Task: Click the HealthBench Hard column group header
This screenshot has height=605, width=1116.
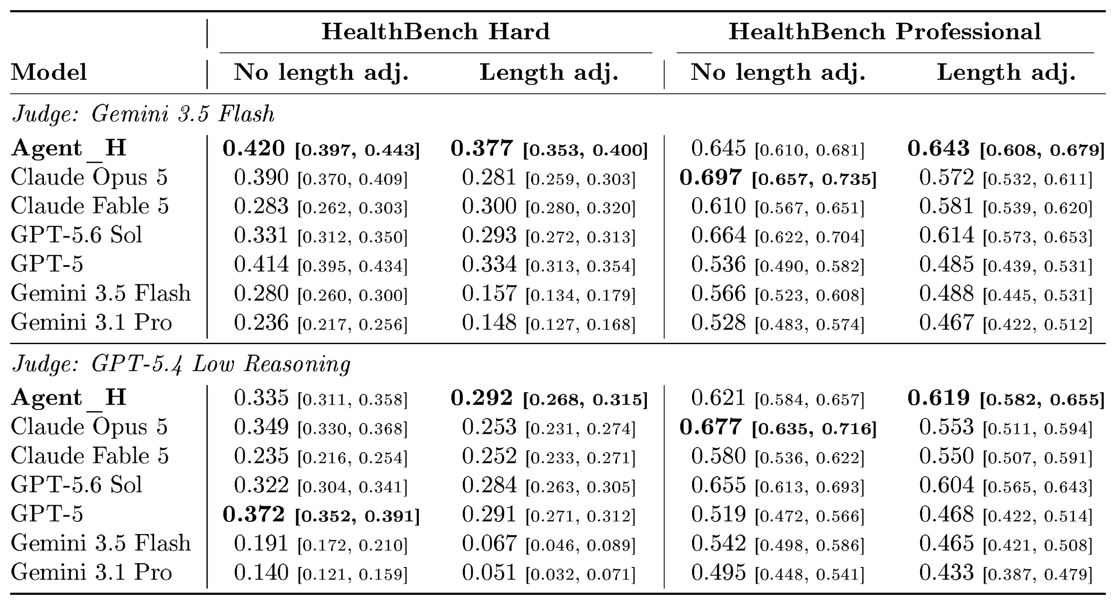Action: pos(435,32)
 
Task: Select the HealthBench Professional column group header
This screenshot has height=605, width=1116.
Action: pos(885,32)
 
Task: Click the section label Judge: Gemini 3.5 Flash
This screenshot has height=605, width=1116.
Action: pos(143,114)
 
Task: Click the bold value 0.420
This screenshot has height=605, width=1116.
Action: pos(254,149)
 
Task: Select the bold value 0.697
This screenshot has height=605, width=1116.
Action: pos(710,178)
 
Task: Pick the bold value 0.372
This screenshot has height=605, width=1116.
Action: pos(254,514)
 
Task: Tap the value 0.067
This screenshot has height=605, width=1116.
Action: pos(489,544)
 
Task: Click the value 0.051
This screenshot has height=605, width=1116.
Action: pos(489,573)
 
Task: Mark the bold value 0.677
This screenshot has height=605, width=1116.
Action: pos(710,427)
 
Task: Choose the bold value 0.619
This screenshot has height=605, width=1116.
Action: pos(938,398)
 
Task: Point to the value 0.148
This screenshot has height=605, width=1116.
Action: pos(489,323)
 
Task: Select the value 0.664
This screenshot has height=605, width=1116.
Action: pos(718,236)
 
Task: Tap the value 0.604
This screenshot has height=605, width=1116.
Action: pos(947,485)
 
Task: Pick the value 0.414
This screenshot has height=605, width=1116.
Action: pos(261,265)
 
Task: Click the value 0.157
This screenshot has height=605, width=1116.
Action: pos(489,294)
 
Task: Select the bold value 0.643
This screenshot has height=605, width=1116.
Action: pos(938,149)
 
